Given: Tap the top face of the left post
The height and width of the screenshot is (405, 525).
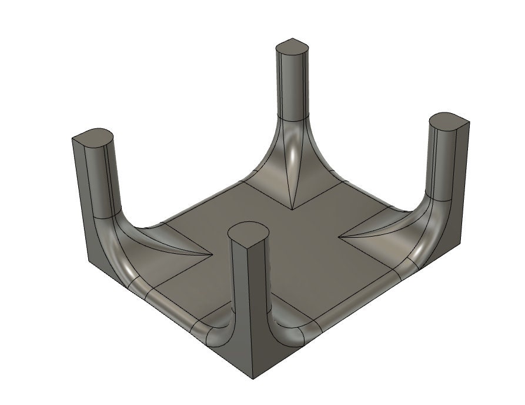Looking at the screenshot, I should click(92, 137).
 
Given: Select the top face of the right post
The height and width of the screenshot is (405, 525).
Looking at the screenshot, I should click(450, 122).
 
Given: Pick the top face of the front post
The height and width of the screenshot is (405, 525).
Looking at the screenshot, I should click(249, 231).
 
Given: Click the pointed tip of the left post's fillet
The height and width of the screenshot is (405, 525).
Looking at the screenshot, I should click(212, 255).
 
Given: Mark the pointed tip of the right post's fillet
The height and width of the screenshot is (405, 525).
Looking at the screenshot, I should click(340, 237).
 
